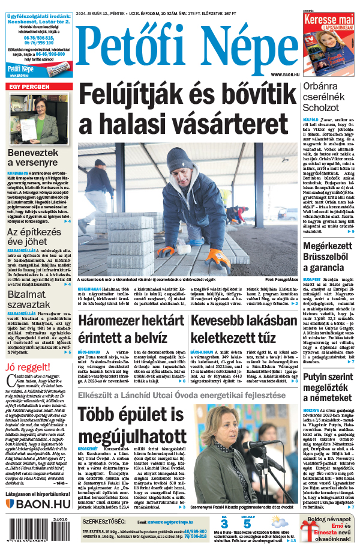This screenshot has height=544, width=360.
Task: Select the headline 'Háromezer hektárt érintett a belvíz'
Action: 130,330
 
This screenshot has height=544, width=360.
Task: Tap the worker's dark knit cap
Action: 180,160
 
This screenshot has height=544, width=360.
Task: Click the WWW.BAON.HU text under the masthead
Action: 280,74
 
